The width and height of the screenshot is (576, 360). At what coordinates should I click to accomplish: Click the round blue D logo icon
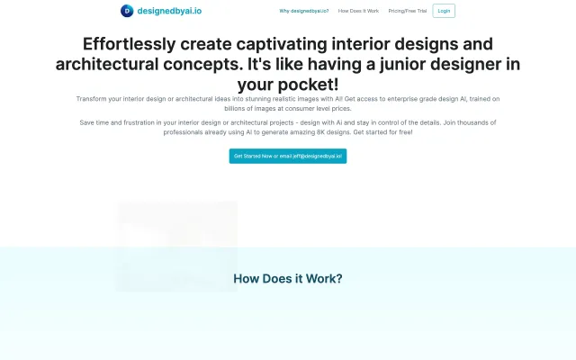[127, 11]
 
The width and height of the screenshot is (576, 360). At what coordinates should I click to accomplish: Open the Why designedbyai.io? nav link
[304, 12]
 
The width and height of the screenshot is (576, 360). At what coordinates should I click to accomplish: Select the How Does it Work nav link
[358, 12]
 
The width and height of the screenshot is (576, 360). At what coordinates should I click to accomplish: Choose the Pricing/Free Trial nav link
[407, 12]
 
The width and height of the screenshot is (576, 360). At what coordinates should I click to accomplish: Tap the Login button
[444, 12]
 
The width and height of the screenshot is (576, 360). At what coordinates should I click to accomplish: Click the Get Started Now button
[287, 156]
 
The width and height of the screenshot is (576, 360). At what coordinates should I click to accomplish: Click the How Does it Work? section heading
[287, 278]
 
